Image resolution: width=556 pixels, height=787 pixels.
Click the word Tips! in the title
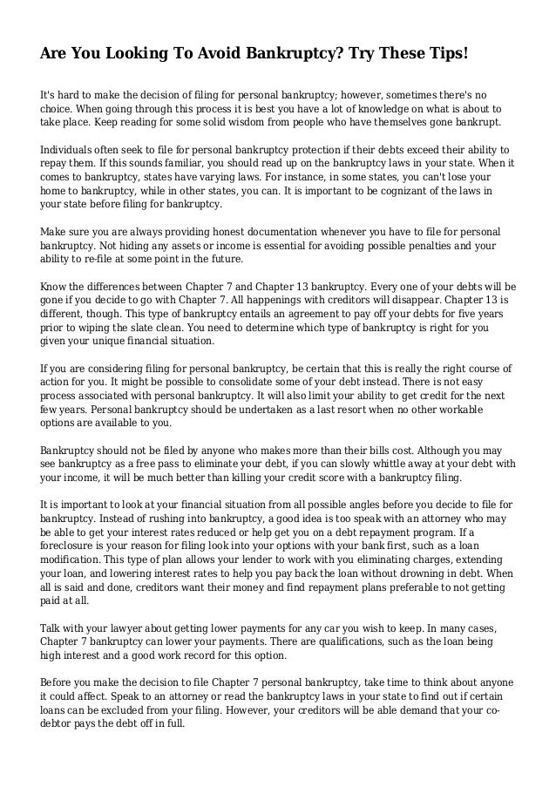(444, 54)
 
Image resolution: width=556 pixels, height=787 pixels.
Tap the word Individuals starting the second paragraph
(71, 150)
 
